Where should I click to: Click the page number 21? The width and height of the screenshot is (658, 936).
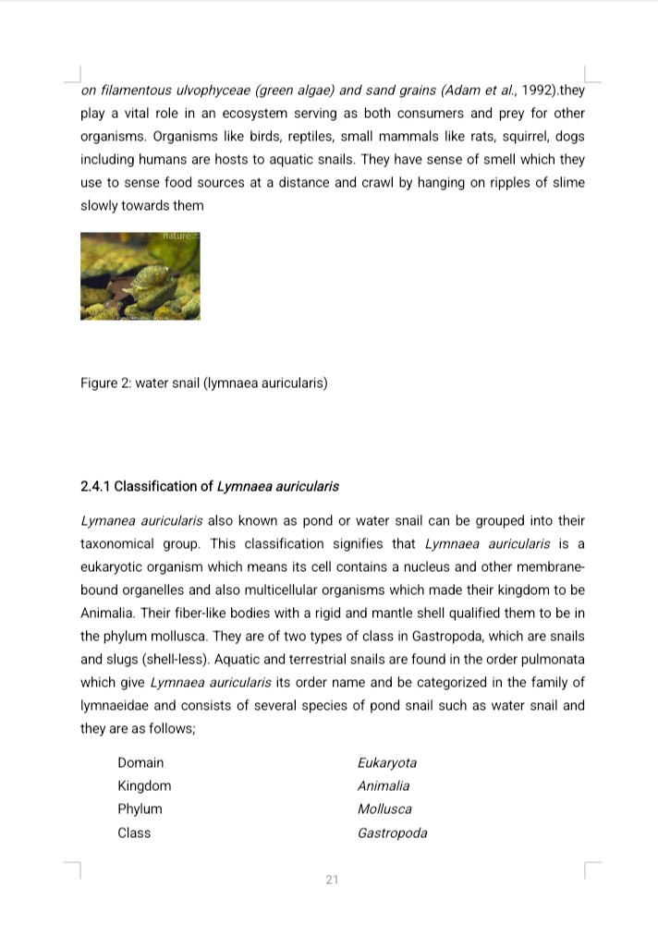click(332, 880)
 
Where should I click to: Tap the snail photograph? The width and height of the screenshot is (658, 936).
click(140, 276)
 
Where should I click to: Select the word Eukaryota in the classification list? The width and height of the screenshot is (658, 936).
click(386, 763)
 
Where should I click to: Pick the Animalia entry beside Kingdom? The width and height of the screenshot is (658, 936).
click(383, 786)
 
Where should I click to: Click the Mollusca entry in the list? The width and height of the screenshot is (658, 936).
click(384, 809)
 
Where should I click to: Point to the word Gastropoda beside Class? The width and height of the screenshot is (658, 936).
click(392, 833)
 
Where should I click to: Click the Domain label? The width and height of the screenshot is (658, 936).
click(140, 763)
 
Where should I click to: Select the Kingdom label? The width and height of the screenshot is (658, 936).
click(144, 786)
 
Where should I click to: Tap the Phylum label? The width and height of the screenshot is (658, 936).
click(140, 809)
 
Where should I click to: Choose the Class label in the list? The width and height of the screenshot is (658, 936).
click(134, 833)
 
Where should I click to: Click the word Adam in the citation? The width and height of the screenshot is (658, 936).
click(458, 91)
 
